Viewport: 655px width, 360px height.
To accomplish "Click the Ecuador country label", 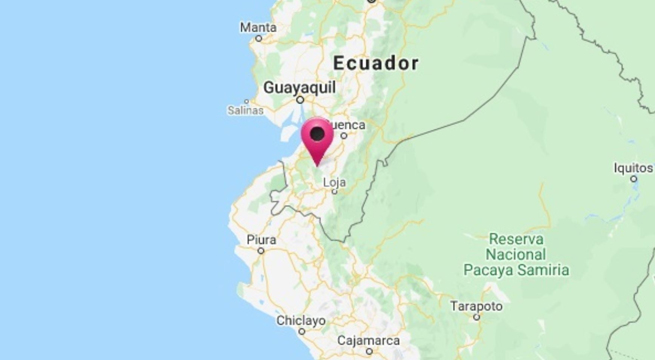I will coord(376,63).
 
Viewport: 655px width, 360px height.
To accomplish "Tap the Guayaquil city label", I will coord(297,88).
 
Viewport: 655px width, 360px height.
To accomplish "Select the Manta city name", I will coord(259,26).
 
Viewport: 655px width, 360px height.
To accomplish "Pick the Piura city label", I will coord(260,240).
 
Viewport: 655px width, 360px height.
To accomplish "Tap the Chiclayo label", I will coord(301,320).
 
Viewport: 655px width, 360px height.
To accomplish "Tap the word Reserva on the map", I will coord(515,239).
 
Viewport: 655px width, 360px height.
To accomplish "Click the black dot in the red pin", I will coord(318,133).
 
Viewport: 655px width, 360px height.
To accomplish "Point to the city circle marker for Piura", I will coord(261,252).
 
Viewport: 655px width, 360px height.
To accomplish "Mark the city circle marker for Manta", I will coord(259,38).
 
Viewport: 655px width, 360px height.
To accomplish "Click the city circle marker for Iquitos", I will coord(634,179).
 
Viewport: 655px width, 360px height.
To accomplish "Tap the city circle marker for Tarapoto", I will coord(477,318).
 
